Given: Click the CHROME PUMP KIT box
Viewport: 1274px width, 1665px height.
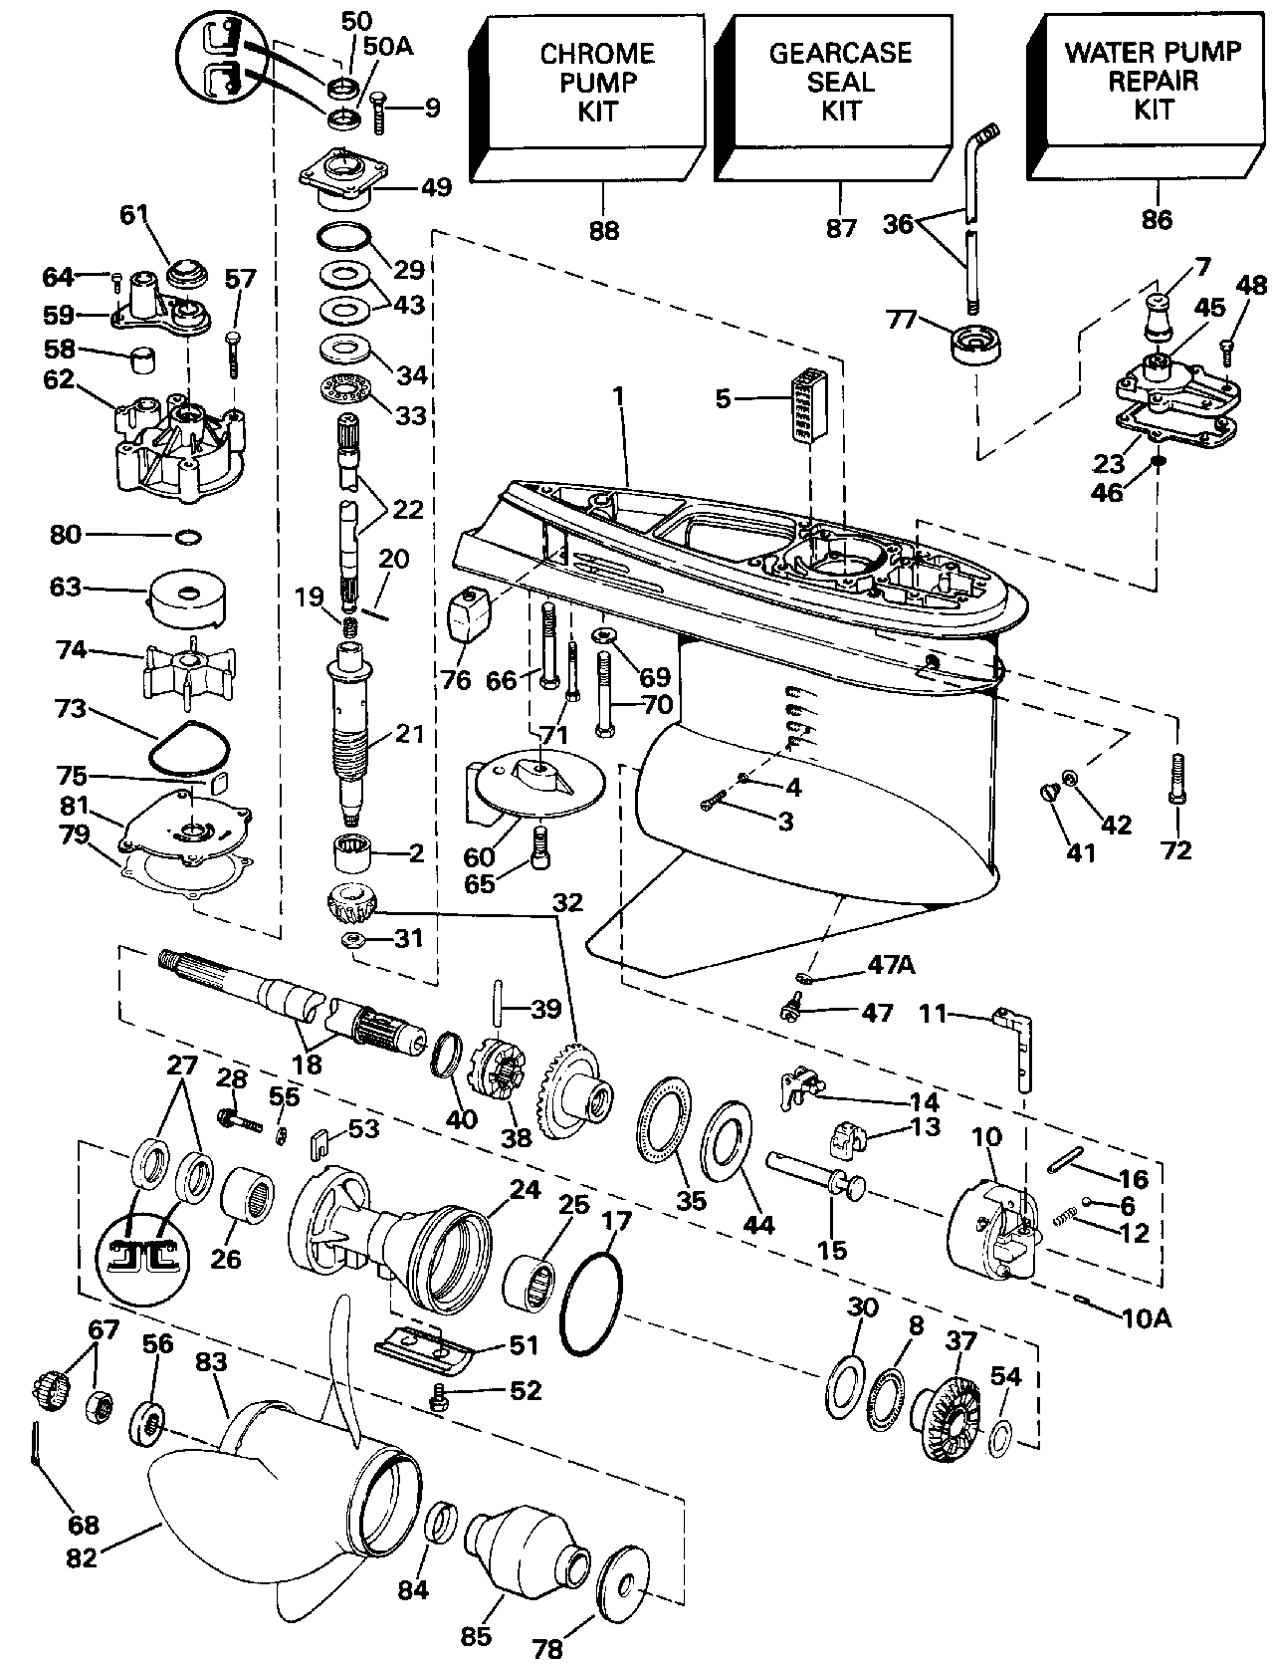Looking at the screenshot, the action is point(588,98).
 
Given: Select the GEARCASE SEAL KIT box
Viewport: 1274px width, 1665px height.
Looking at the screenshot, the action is point(834,98).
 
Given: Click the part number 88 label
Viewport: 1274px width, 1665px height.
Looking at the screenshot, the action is point(603,231).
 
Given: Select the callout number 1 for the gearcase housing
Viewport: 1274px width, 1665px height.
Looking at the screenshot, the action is point(618,395).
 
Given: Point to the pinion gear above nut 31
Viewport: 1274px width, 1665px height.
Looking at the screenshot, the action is point(352,904).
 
